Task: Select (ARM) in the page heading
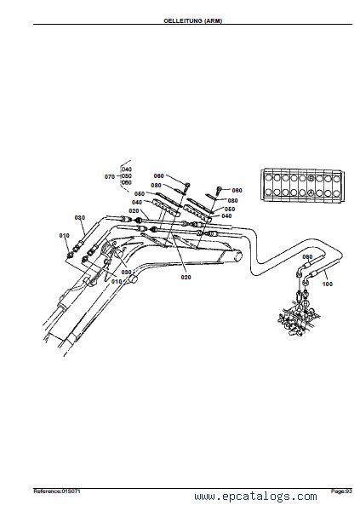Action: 213,20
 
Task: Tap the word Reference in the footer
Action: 47,491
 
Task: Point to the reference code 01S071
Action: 71,491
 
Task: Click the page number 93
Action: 349,491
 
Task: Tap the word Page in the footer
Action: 337,491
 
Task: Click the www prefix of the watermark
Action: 204,497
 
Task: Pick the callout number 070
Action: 110,176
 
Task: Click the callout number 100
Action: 327,284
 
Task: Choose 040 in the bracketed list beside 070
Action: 127,169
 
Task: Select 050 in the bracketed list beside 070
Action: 127,176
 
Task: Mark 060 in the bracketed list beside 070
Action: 127,182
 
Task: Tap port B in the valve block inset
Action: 311,178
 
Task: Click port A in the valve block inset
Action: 311,193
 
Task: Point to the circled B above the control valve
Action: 306,303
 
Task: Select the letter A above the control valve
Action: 300,307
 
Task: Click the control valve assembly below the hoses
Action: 298,321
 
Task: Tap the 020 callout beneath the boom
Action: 186,278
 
